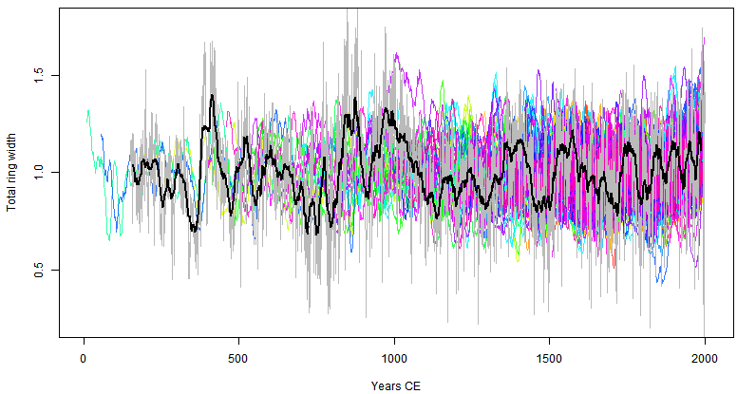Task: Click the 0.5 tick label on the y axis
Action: point(40,270)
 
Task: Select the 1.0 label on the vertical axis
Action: point(40,172)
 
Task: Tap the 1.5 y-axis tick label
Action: point(40,74)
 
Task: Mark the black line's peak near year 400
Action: point(212,95)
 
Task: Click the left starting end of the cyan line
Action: point(87,110)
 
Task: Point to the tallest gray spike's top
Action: point(349,9)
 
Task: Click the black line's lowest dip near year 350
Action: point(194,231)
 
